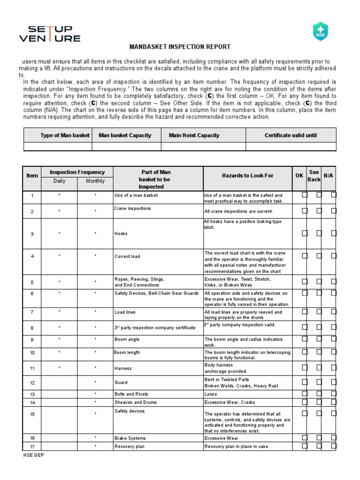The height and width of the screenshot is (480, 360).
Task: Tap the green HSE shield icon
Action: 320,31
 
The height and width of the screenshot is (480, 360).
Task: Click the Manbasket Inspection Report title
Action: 180,47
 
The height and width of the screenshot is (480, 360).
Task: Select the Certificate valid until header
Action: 291,135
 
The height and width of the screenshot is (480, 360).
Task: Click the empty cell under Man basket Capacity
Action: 127,146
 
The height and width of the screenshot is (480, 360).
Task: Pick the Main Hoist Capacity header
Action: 194,135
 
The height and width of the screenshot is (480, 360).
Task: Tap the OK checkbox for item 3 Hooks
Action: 305,233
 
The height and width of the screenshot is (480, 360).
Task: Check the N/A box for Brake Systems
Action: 334,437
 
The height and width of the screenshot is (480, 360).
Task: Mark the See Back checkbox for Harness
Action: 319,367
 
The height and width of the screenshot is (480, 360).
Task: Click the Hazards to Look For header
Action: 247,176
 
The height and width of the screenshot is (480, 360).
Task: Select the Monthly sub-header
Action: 95,181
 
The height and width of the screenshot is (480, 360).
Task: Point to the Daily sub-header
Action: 60,181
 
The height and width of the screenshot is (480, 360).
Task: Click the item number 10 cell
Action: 32,353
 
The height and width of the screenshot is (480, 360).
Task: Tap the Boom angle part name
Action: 127,339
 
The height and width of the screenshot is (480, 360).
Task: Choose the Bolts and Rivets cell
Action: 131,394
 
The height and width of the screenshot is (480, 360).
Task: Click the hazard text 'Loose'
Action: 211,394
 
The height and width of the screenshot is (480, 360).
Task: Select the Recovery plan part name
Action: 129,446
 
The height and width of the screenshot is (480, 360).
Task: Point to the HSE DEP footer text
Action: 33,455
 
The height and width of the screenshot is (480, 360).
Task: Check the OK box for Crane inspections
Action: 305,211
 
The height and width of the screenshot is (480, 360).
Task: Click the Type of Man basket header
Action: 65,135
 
